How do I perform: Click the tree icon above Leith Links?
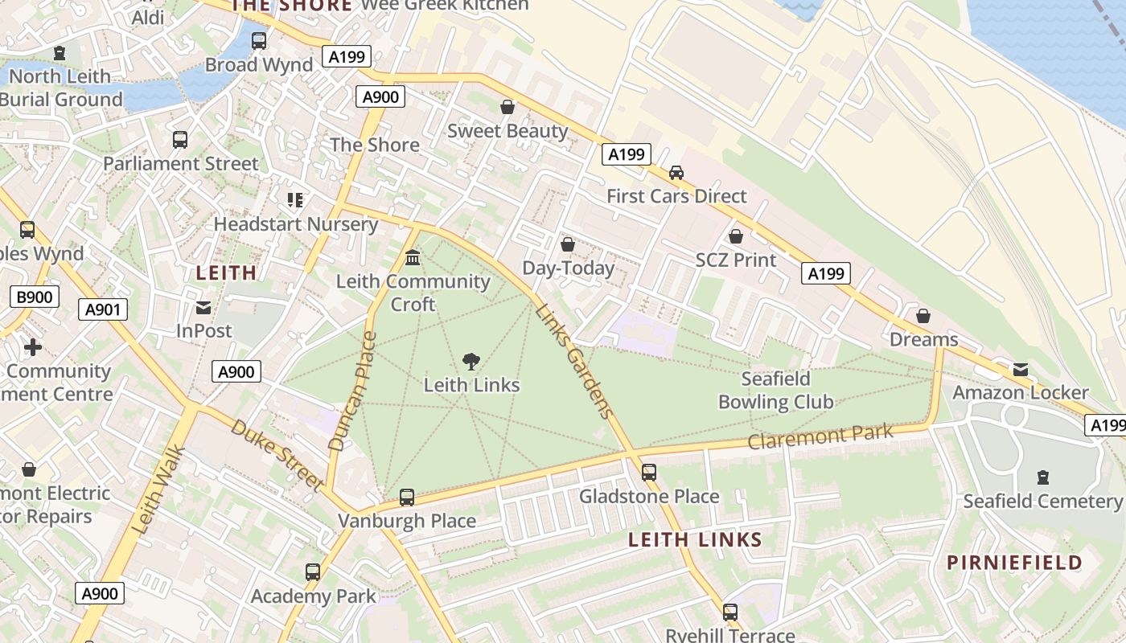pyautogui.click(x=471, y=362)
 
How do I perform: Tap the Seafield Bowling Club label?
pyautogui.click(x=775, y=391)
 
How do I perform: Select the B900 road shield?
pyautogui.click(x=34, y=297)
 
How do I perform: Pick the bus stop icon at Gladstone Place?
pyautogui.click(x=649, y=473)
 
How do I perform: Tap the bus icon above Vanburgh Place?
pyautogui.click(x=407, y=498)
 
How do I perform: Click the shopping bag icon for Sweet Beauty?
pyautogui.click(x=508, y=107)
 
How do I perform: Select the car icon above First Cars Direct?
pyautogui.click(x=676, y=173)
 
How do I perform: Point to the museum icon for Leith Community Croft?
pyautogui.click(x=413, y=258)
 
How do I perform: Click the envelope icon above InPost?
pyautogui.click(x=203, y=308)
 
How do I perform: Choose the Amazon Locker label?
pyautogui.click(x=1020, y=393)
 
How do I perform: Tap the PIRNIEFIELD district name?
pyautogui.click(x=1014, y=563)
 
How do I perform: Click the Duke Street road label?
pyautogui.click(x=277, y=454)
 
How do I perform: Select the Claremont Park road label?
pyautogui.click(x=820, y=436)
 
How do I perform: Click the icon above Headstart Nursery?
pyautogui.click(x=295, y=199)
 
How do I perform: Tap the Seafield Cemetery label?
pyautogui.click(x=1042, y=502)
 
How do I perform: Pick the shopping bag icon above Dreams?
pyautogui.click(x=923, y=316)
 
